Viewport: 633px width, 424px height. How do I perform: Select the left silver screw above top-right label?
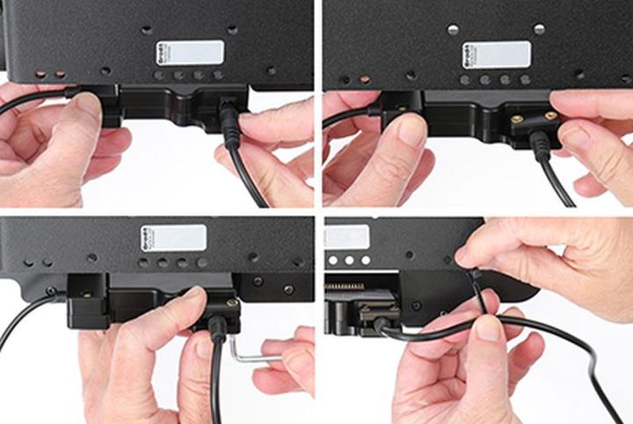[453, 29]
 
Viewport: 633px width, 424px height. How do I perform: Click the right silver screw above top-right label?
[539, 29]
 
